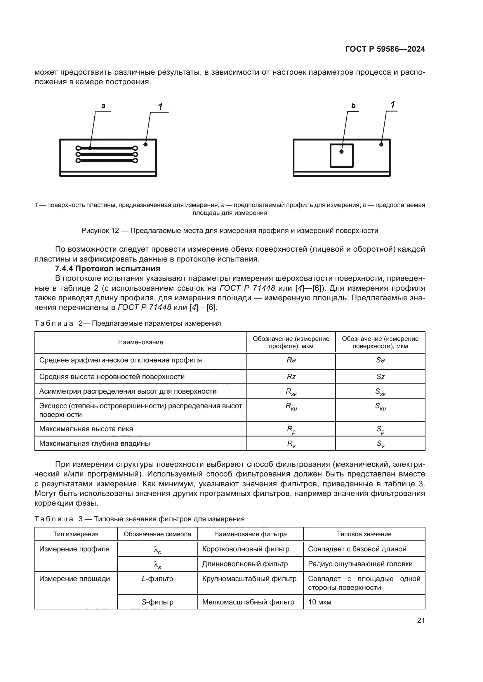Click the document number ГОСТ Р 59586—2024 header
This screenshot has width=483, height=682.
click(x=385, y=49)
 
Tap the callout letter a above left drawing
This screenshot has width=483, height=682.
click(x=103, y=106)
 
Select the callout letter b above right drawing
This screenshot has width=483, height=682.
click(x=353, y=106)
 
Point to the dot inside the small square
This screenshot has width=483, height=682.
click(x=341, y=152)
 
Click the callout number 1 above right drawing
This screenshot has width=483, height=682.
click(x=392, y=105)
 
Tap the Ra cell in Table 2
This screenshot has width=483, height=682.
click(x=291, y=360)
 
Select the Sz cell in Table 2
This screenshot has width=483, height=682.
click(x=380, y=377)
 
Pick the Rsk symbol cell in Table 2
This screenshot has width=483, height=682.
click(x=291, y=392)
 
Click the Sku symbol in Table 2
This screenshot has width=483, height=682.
click(x=380, y=406)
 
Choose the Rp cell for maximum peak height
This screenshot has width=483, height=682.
click(x=291, y=429)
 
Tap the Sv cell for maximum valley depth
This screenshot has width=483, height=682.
click(x=380, y=444)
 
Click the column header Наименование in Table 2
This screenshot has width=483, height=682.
click(x=140, y=342)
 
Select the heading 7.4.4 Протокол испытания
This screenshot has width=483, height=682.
click(x=107, y=269)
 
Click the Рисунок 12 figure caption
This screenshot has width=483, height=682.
click(x=230, y=231)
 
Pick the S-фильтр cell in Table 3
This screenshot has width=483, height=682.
click(x=157, y=602)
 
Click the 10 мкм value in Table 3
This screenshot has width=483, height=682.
click(x=319, y=602)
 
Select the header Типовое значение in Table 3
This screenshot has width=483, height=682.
click(x=364, y=534)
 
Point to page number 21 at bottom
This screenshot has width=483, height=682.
click(x=421, y=620)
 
